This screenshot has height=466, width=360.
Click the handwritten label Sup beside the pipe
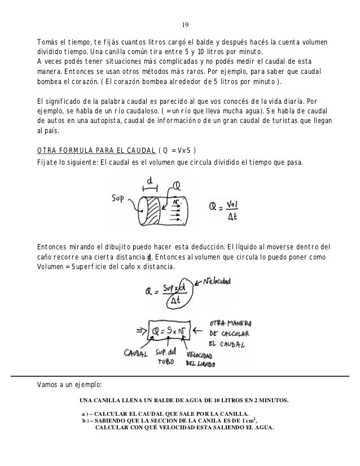[118, 199]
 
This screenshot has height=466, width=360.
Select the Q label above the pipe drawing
[177, 185]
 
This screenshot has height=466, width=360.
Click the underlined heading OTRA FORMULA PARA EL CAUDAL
[96, 150]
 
